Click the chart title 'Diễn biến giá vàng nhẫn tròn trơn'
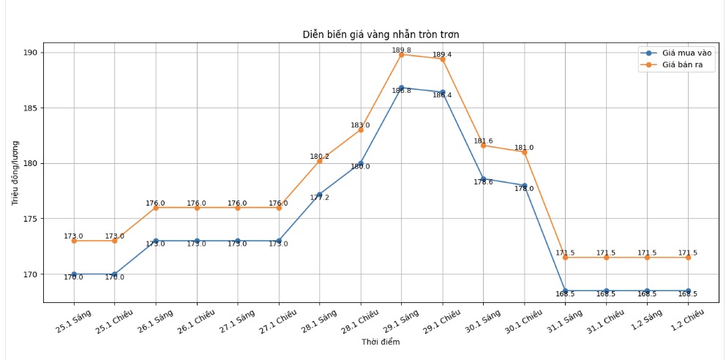[x=381, y=34]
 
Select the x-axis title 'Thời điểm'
[x=381, y=342]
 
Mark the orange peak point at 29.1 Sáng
[x=401, y=54]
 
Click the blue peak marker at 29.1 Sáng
[x=401, y=88]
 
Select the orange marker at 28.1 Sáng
[x=319, y=160]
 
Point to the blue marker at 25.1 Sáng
[x=73, y=274]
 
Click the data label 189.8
[x=401, y=50]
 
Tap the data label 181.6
[x=483, y=140]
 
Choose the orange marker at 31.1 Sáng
[x=565, y=258]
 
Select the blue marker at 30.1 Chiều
[x=524, y=186]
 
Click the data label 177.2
[x=319, y=198]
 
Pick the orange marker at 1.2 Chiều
[x=688, y=258]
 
